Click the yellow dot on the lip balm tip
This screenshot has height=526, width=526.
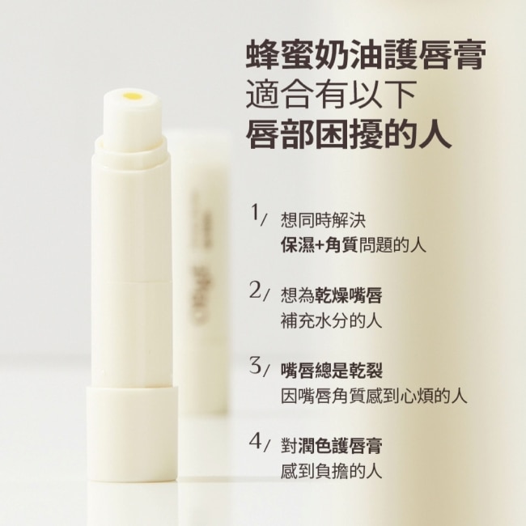tap(132, 96)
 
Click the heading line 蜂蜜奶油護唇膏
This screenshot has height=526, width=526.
tap(365, 55)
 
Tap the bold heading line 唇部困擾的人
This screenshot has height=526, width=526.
tap(349, 134)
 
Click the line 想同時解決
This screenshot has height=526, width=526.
tap(323, 221)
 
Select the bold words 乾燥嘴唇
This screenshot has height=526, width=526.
tap(349, 295)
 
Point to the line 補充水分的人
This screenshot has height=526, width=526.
tap(332, 320)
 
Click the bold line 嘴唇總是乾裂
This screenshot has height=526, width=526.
tap(332, 371)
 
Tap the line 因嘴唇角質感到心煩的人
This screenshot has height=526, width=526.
tap(374, 396)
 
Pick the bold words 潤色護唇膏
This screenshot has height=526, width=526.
tap(340, 446)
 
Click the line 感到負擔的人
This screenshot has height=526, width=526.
tap(332, 471)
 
